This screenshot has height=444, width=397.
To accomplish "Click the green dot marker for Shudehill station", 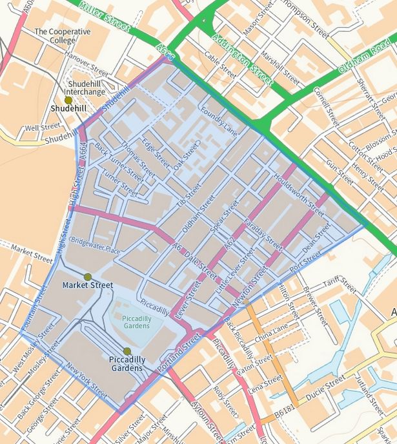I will pyautogui.click(x=68, y=101).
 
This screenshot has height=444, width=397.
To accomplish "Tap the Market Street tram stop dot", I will pyautogui.click(x=88, y=277).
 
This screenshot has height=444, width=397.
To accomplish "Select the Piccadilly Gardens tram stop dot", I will pyautogui.click(x=127, y=351).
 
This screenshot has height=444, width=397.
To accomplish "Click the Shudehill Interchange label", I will pyautogui.click(x=85, y=88).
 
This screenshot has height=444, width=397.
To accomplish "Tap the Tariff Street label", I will pyautogui.click(x=341, y=284).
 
